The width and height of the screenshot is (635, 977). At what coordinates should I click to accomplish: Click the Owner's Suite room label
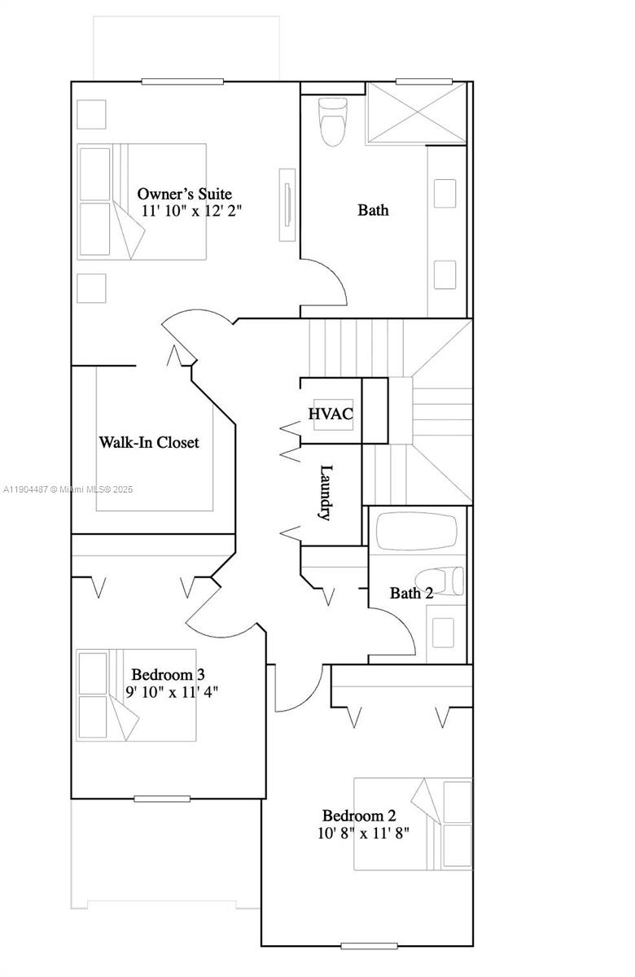pyautogui.click(x=184, y=194)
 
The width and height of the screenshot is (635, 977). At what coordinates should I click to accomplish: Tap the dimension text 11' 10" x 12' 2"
pyautogui.click(x=191, y=210)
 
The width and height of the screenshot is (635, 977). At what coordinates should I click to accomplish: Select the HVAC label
pyautogui.click(x=331, y=414)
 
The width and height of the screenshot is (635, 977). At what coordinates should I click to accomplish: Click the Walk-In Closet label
pyautogui.click(x=149, y=442)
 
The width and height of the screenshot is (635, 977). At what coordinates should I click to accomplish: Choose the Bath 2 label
pyautogui.click(x=411, y=593)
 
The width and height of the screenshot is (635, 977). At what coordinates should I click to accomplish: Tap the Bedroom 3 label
pyautogui.click(x=168, y=674)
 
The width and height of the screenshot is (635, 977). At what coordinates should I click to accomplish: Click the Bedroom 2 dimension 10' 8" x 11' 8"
pyautogui.click(x=363, y=833)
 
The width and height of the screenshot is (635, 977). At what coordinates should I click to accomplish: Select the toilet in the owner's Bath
pyautogui.click(x=332, y=122)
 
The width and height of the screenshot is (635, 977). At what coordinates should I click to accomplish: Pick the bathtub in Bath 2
pyautogui.click(x=416, y=531)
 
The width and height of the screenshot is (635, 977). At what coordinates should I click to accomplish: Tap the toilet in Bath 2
pyautogui.click(x=444, y=580)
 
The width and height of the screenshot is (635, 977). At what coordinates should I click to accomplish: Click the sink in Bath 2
pyautogui.click(x=443, y=632)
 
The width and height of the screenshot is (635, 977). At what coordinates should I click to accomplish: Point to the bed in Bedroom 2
pyautogui.click(x=413, y=824)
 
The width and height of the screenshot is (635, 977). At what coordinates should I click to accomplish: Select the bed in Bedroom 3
pyautogui.click(x=137, y=694)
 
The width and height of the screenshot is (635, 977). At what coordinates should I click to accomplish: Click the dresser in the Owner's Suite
pyautogui.click(x=287, y=205)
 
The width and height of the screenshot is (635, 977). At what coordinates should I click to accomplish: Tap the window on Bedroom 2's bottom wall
pyautogui.click(x=369, y=945)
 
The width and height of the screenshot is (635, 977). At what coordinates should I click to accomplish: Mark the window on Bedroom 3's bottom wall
pyautogui.click(x=161, y=799)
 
